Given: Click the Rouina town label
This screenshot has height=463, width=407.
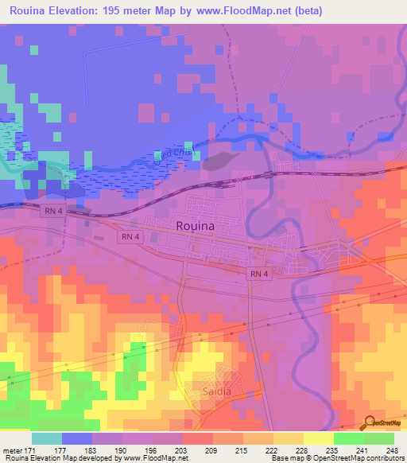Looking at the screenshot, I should (x=194, y=226).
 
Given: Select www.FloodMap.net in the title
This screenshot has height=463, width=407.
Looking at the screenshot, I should (x=283, y=10).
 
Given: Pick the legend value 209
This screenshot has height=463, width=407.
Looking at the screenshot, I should (x=212, y=450).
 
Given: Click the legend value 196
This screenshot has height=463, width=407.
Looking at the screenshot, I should (x=154, y=450).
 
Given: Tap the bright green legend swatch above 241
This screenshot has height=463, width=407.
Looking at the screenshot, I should (x=348, y=438).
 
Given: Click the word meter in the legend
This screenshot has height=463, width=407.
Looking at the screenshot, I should (x=14, y=450).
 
